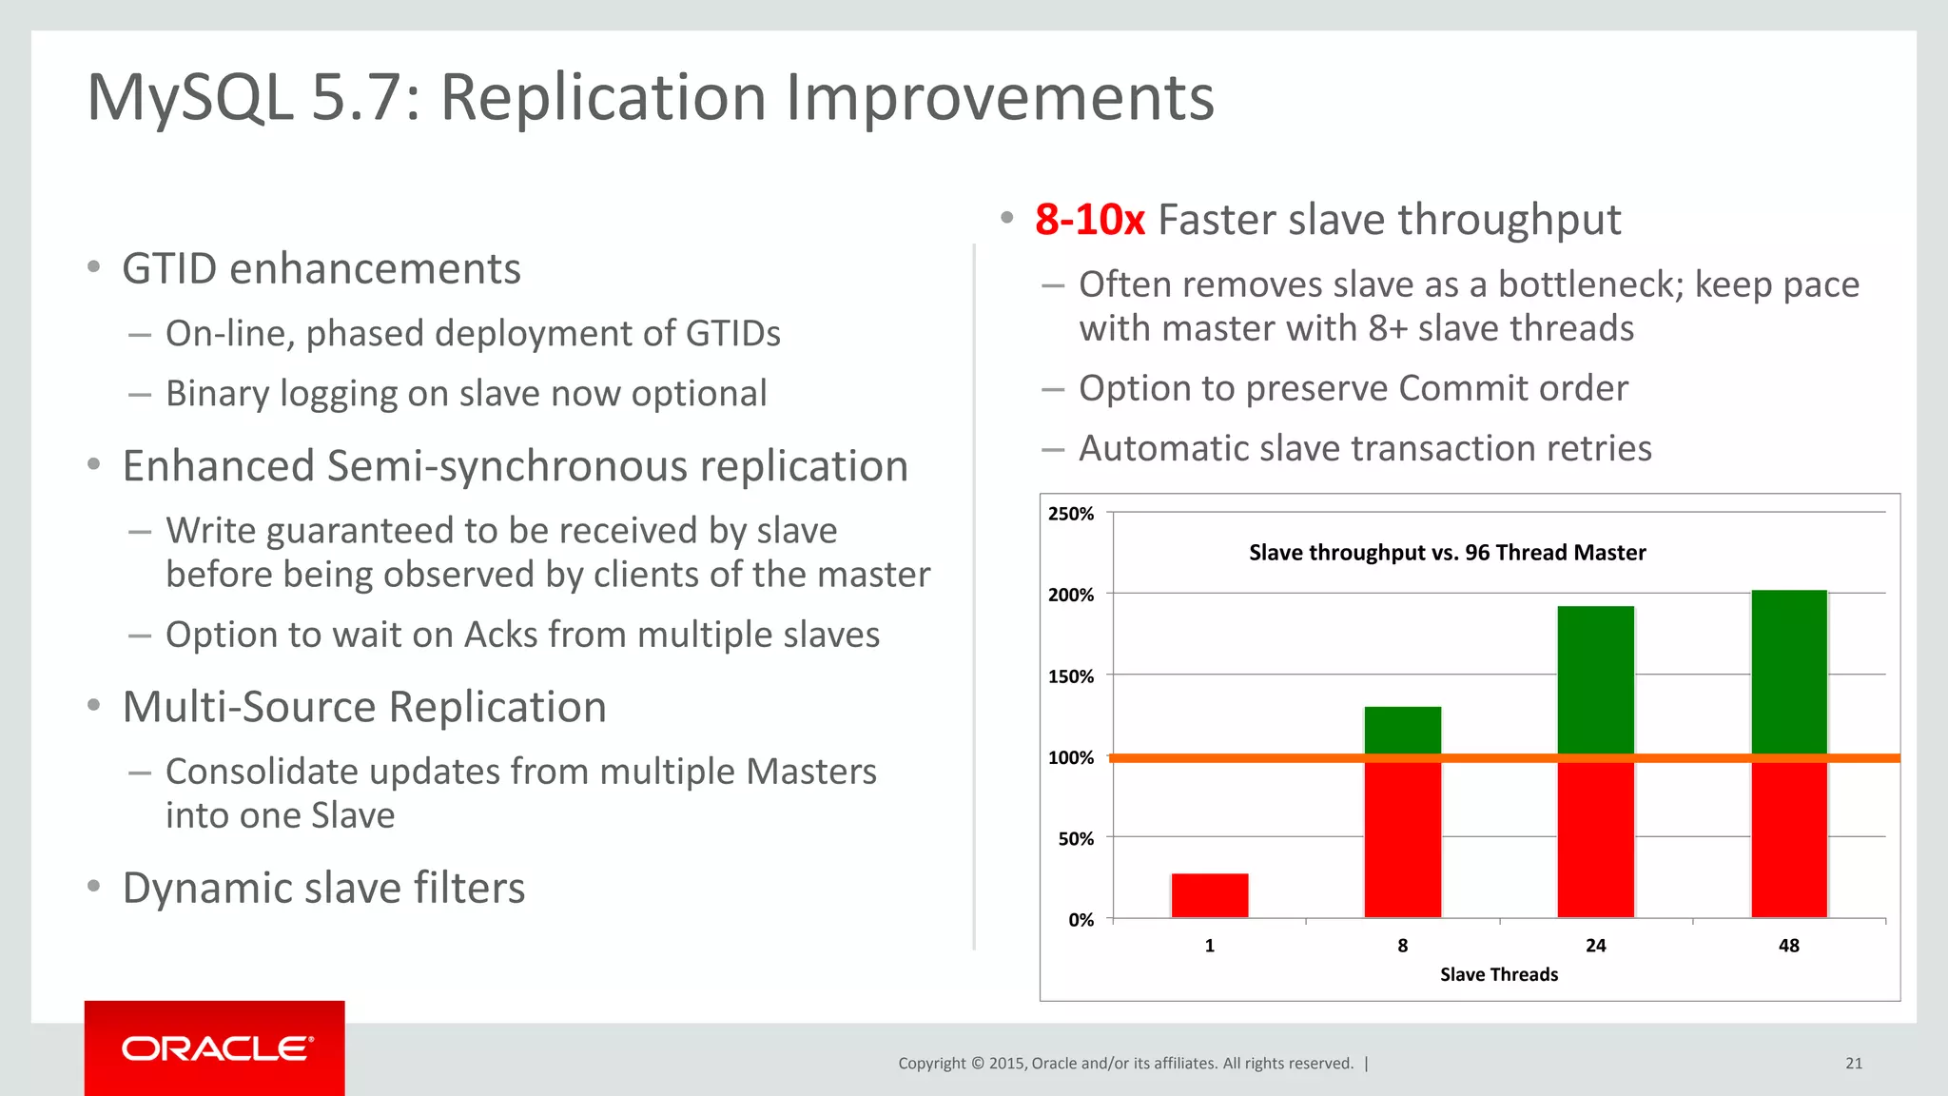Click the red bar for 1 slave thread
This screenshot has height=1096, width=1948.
1210,895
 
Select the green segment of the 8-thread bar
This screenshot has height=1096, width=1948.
1403,730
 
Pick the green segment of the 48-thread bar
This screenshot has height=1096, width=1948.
1789,671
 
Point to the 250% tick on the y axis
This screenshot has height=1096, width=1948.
1071,514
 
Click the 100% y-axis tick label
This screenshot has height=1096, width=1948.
1071,758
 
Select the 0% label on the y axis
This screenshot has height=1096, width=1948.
1081,920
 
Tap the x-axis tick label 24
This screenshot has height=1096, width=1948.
1596,946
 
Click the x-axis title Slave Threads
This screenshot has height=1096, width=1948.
1499,974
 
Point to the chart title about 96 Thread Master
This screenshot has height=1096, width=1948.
1447,553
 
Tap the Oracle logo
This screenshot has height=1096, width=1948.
216,1048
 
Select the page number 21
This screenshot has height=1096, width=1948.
1854,1064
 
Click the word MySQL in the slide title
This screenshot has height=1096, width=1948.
190,98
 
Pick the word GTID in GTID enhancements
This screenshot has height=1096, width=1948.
169,269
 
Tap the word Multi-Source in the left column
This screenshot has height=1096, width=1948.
249,707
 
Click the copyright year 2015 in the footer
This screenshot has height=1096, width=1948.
1006,1064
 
